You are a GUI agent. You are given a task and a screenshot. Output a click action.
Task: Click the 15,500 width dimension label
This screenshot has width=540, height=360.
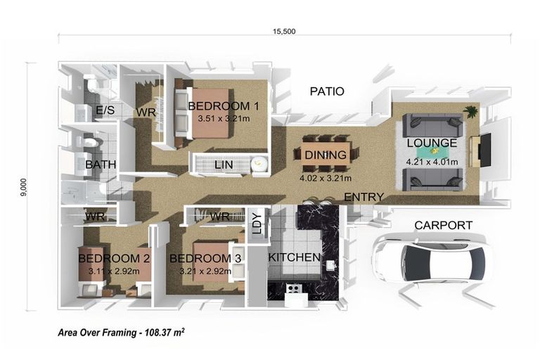(x=284, y=32)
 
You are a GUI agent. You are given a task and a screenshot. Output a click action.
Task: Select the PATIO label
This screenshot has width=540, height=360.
(x=327, y=91)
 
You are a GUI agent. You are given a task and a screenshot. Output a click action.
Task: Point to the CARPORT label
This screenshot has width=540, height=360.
(x=443, y=225)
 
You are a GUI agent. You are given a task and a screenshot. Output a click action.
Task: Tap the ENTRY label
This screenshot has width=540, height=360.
(x=364, y=197)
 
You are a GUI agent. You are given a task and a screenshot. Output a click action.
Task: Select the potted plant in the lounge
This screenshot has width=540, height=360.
(x=470, y=112)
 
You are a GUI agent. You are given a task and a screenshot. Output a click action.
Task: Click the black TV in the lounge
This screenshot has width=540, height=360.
(x=486, y=150)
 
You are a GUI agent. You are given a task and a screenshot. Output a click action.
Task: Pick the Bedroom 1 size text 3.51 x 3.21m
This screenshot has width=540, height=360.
(x=224, y=119)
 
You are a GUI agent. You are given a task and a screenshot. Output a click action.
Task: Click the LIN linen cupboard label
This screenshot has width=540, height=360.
(x=224, y=165)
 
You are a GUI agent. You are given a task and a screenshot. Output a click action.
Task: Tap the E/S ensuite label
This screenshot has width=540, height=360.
(x=105, y=110)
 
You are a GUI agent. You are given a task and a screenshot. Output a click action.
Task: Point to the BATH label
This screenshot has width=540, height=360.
(x=101, y=165)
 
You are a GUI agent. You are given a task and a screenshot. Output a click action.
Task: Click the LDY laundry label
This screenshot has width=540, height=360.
(x=257, y=224)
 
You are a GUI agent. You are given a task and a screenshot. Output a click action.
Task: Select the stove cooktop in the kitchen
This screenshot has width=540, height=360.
(x=294, y=288)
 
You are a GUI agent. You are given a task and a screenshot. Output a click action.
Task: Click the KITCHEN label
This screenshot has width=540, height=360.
(x=294, y=257)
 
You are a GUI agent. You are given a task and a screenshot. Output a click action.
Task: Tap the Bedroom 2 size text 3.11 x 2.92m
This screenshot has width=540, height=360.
(x=114, y=271)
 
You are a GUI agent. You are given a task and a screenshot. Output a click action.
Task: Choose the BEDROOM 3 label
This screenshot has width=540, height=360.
(x=205, y=258)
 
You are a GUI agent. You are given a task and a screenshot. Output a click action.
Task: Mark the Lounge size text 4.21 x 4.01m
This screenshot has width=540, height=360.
(x=432, y=162)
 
